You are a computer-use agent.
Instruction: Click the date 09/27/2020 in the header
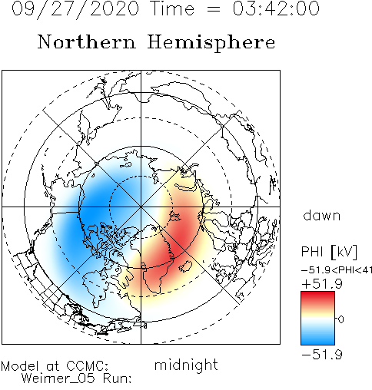tap(75, 9)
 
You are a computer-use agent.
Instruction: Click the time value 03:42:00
tap(276, 8)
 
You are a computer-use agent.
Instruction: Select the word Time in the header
tap(173, 8)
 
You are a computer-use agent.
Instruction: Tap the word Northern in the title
tap(87, 41)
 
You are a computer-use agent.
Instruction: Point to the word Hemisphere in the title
tap(211, 43)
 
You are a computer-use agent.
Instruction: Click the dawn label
tap(321, 215)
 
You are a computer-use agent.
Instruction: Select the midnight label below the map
tap(186, 365)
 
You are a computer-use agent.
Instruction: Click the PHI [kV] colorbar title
tap(329, 252)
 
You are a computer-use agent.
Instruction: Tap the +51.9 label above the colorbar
tap(322, 284)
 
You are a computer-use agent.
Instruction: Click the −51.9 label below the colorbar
tap(322, 355)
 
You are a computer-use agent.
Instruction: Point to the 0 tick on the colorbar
tap(340, 319)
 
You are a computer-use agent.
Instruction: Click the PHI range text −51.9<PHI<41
tap(337, 269)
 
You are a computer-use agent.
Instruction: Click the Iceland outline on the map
tap(185, 266)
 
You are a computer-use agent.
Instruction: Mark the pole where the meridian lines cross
tap(141, 207)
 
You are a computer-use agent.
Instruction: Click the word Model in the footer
tap(20, 366)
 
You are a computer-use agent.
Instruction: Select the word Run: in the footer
tap(118, 378)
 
